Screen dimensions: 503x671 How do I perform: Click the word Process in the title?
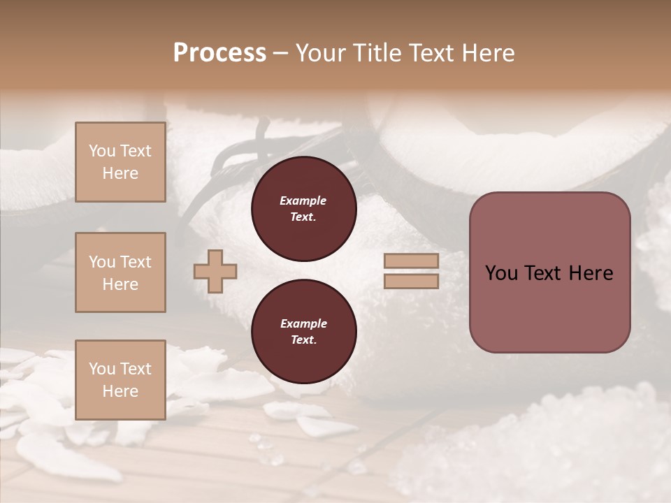[219, 53]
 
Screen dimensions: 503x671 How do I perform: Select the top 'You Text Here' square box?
[120, 162]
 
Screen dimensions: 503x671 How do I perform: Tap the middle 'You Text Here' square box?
[120, 272]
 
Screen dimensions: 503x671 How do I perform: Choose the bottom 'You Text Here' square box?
[120, 380]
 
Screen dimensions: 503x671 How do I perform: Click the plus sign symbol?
[215, 271]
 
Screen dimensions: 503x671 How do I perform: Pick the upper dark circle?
[303, 209]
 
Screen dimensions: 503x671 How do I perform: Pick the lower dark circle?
[303, 332]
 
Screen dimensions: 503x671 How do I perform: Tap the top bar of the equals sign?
[411, 261]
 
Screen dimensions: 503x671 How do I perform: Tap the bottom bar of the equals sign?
[411, 281]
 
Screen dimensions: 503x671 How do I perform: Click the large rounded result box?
[549, 272]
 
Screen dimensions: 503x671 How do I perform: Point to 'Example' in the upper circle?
[303, 201]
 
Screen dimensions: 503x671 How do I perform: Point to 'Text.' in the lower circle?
[303, 340]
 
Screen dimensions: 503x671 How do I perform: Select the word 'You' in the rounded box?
[501, 273]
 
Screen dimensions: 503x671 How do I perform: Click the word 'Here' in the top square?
[120, 173]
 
